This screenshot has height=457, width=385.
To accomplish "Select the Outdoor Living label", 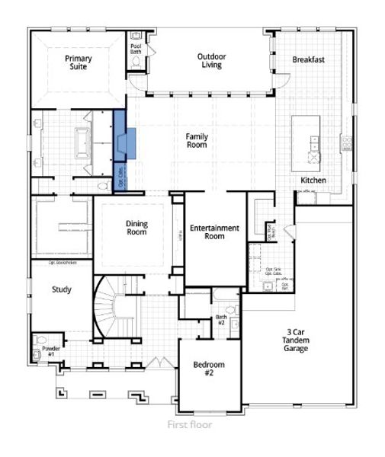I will (210, 61).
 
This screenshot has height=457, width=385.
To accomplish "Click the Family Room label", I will (197, 140).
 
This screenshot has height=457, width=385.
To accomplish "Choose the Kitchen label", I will (313, 180).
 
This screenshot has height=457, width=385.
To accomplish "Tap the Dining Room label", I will (137, 228).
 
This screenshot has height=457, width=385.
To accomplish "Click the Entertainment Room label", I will (214, 232).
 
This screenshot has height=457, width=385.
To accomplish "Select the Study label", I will (61, 289).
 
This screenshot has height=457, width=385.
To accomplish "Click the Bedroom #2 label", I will (204, 369).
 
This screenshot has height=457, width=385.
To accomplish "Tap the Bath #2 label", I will (221, 319).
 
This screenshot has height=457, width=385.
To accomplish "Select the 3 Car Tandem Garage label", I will (297, 340).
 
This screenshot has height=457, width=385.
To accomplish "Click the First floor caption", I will (190, 425).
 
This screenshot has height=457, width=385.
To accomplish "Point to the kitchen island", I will (313, 137).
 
